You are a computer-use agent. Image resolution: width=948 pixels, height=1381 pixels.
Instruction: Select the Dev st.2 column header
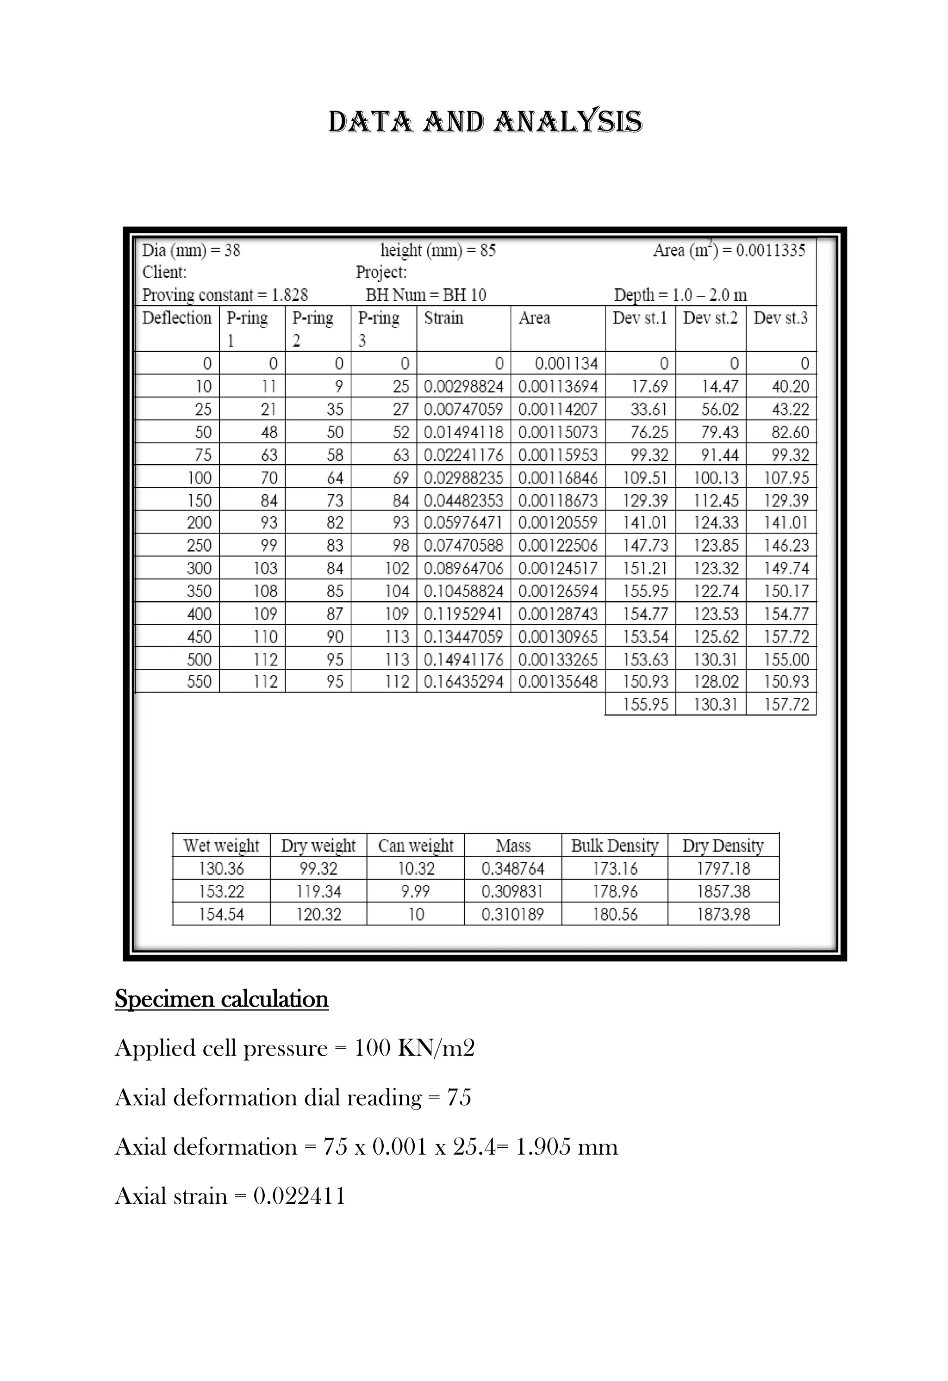click(x=710, y=318)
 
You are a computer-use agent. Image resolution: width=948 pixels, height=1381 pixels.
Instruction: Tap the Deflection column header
click(x=176, y=318)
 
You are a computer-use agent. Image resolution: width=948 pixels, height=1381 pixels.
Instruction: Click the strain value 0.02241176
click(x=463, y=455)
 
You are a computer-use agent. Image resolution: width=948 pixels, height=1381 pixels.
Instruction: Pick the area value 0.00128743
click(x=557, y=614)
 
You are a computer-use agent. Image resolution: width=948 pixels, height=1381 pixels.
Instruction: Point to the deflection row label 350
click(x=199, y=591)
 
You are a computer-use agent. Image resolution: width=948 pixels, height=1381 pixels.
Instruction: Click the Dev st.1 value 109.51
click(x=645, y=478)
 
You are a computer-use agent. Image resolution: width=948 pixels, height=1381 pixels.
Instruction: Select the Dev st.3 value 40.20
click(x=790, y=387)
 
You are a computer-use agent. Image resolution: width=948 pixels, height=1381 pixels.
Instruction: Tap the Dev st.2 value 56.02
click(x=719, y=410)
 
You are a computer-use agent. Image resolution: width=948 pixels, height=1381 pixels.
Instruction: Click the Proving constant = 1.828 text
click(x=225, y=295)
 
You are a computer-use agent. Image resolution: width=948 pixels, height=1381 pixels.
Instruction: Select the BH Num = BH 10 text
click(x=425, y=295)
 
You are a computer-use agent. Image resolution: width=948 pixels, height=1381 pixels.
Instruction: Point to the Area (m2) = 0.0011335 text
click(x=729, y=250)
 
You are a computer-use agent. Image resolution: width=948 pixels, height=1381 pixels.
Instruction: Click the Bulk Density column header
click(x=615, y=846)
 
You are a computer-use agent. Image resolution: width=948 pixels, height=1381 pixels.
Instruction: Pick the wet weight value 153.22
click(x=221, y=891)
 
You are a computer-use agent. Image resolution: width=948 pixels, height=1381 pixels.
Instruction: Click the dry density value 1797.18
click(x=723, y=869)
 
